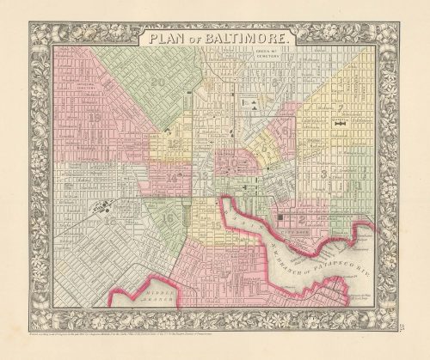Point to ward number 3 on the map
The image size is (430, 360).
click(x=322, y=174)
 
